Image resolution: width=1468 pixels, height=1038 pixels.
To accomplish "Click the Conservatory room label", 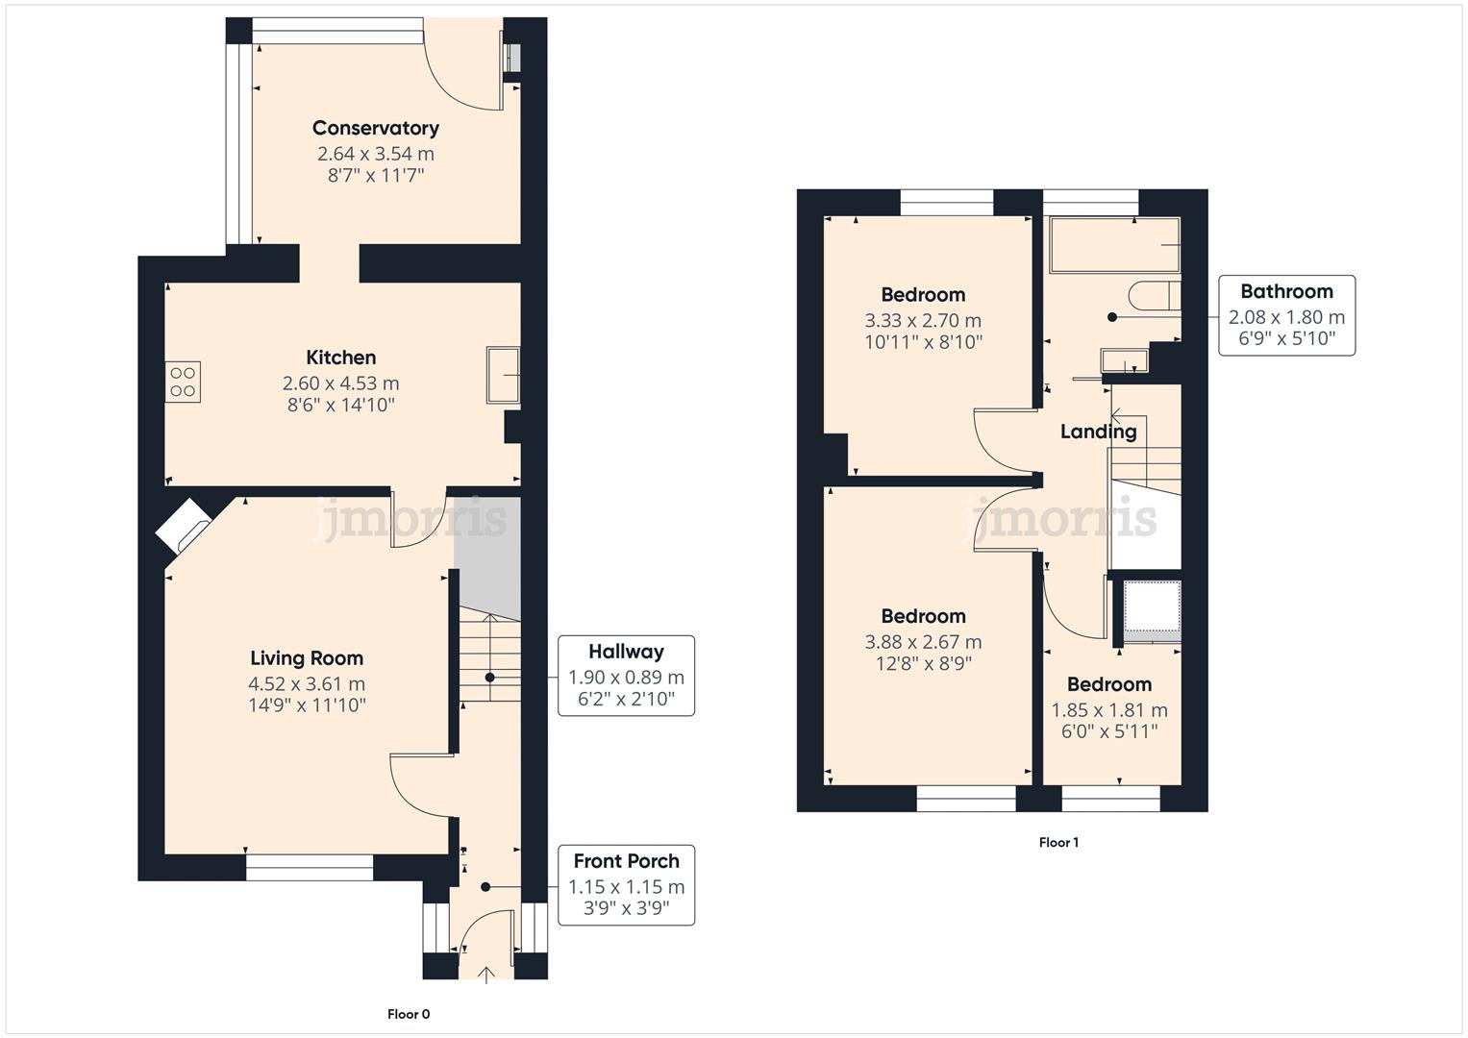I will click(x=375, y=128).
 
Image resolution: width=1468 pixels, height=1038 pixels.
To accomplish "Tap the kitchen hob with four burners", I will click(x=183, y=381).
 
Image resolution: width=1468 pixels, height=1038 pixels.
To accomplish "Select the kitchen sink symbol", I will click(x=503, y=374).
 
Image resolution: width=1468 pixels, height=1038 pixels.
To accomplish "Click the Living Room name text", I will click(x=307, y=658).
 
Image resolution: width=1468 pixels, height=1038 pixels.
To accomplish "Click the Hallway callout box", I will click(x=626, y=676).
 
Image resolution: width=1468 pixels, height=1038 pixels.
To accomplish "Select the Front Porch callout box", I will click(x=626, y=885).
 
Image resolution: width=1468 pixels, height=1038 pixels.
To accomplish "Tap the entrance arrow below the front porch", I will click(x=486, y=975).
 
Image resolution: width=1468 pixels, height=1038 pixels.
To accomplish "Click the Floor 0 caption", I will click(x=409, y=1014).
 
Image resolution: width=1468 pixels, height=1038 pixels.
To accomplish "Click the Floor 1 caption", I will click(x=1058, y=843).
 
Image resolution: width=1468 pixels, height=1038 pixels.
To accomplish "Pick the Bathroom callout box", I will click(x=1286, y=315).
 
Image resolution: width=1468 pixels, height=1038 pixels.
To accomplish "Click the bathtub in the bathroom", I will click(x=1114, y=245).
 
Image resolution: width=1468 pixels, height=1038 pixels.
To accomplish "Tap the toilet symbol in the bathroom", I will click(x=1151, y=295).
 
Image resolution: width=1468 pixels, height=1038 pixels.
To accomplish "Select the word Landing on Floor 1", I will click(x=1098, y=432).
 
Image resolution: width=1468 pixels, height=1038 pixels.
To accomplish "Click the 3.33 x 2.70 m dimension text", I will click(x=923, y=321).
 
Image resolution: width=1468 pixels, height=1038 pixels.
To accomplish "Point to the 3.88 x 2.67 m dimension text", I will click(x=923, y=642).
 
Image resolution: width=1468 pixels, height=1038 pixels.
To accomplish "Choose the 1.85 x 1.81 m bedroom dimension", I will click(x=1109, y=710).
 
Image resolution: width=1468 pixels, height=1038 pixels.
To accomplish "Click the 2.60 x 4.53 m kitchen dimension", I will click(x=340, y=383).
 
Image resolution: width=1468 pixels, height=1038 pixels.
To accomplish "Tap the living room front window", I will click(x=309, y=868).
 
